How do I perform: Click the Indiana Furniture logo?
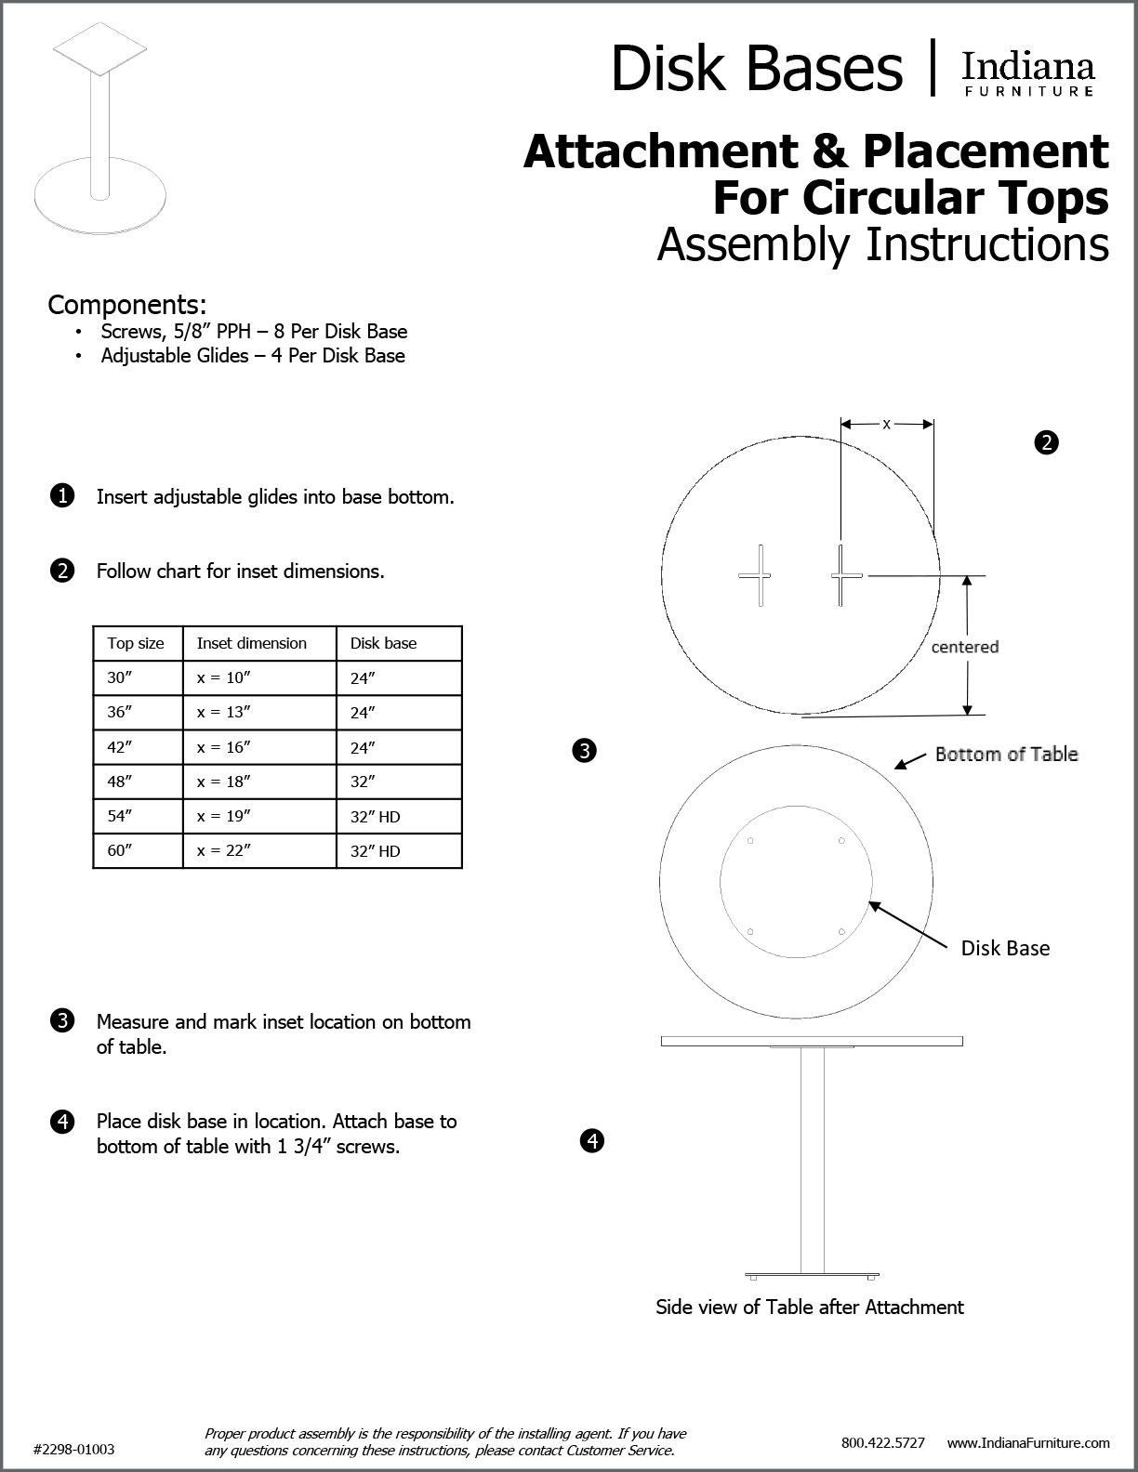click(1027, 73)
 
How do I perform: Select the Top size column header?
click(136, 643)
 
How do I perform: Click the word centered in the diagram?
click(965, 647)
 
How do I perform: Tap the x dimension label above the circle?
click(886, 424)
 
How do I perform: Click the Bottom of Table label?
click(1006, 754)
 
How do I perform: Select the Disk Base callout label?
click(1005, 948)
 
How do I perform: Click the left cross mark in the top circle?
click(755, 575)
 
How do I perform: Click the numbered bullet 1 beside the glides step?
click(61, 496)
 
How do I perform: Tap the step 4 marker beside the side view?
click(592, 1139)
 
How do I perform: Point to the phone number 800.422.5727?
click(882, 1443)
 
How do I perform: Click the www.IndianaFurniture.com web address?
click(1028, 1443)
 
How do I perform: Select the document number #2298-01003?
click(74, 1449)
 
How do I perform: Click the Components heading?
click(127, 305)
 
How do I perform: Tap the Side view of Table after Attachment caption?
click(810, 1308)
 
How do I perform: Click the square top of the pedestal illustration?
click(99, 48)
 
